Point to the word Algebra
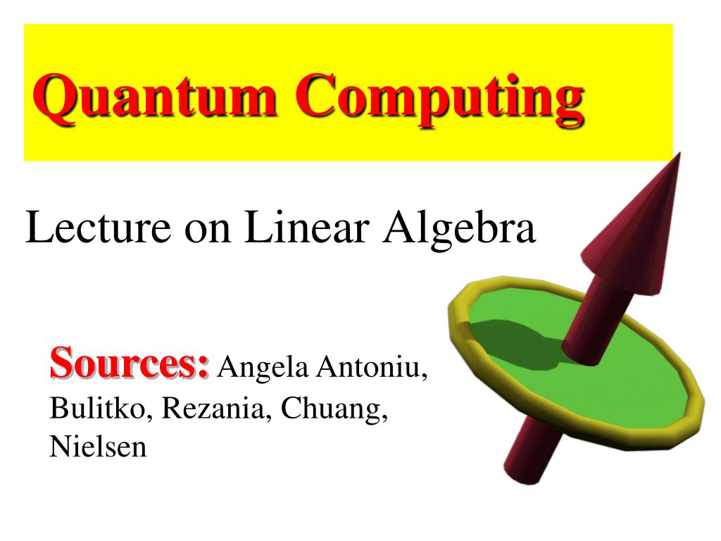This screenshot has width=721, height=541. tap(458, 229)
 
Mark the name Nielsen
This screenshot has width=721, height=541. tap(98, 447)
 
